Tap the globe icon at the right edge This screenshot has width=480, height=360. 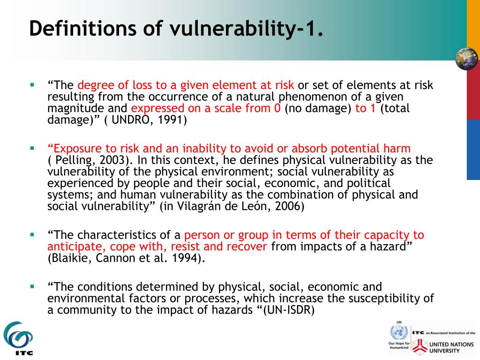[466, 59]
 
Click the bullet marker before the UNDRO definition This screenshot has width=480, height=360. [32, 85]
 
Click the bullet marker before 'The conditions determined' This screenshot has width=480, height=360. [32, 285]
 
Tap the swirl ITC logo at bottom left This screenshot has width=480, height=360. [18, 336]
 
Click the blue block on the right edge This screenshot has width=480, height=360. [473, 150]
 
